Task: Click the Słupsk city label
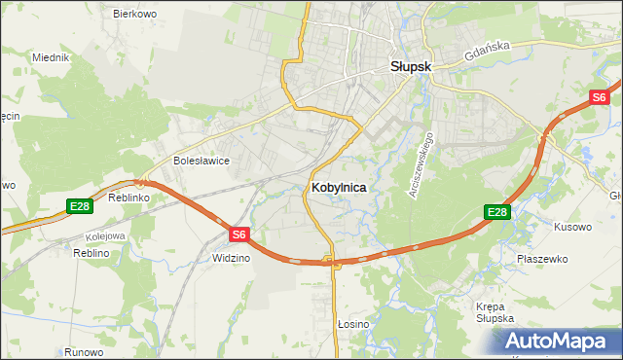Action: (x=412, y=68)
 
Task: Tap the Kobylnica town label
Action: (x=340, y=187)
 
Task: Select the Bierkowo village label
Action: (x=135, y=14)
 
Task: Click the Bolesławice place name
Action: (x=201, y=161)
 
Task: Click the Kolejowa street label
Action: (x=105, y=235)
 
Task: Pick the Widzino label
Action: (x=231, y=258)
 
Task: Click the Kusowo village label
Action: (x=572, y=227)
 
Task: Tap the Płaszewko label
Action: (x=542, y=259)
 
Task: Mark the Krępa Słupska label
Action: (x=495, y=312)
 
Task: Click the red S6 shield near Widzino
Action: (x=240, y=234)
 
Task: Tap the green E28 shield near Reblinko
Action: (x=80, y=206)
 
